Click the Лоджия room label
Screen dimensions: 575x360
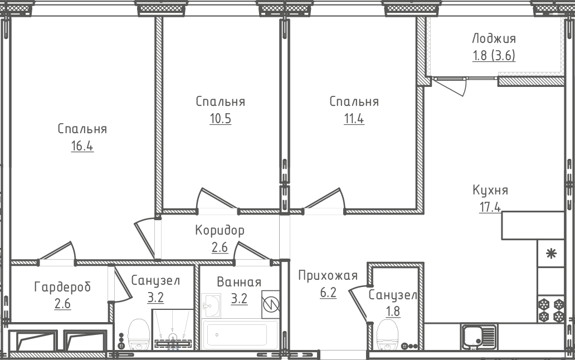494,38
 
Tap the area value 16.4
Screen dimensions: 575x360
82,146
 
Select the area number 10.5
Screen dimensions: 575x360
221,119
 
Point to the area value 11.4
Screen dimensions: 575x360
354,119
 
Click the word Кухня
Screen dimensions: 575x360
490,190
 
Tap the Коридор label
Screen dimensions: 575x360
220,230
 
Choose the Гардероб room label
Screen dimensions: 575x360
62,286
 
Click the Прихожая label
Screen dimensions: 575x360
328,275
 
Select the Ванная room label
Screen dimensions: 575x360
239,282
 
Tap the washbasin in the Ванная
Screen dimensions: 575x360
211,305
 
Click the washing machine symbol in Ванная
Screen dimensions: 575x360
270,305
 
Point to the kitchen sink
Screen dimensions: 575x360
479,337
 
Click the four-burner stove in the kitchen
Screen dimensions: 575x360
551,310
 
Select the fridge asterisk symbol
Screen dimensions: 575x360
551,254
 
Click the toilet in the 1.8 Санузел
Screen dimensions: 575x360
387,335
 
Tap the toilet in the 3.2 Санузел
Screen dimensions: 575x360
138,334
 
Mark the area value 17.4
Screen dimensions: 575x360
490,207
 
